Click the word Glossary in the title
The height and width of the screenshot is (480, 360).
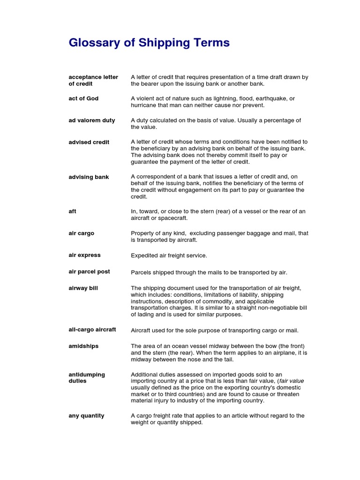94,43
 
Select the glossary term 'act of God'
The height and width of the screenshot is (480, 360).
83,98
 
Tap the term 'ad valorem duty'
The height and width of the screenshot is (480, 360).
92,120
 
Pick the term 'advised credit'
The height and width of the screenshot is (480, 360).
89,142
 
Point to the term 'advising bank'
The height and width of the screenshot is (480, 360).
89,177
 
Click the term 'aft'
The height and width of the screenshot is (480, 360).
72,211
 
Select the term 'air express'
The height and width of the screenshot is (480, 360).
84,255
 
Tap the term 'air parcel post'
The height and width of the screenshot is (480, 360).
90,272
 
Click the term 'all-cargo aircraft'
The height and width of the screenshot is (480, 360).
92,330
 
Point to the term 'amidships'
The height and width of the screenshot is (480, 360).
83,346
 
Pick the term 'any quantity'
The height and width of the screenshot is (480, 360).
86,416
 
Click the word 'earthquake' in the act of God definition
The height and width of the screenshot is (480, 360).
272,99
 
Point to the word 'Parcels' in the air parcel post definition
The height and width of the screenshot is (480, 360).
141,272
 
